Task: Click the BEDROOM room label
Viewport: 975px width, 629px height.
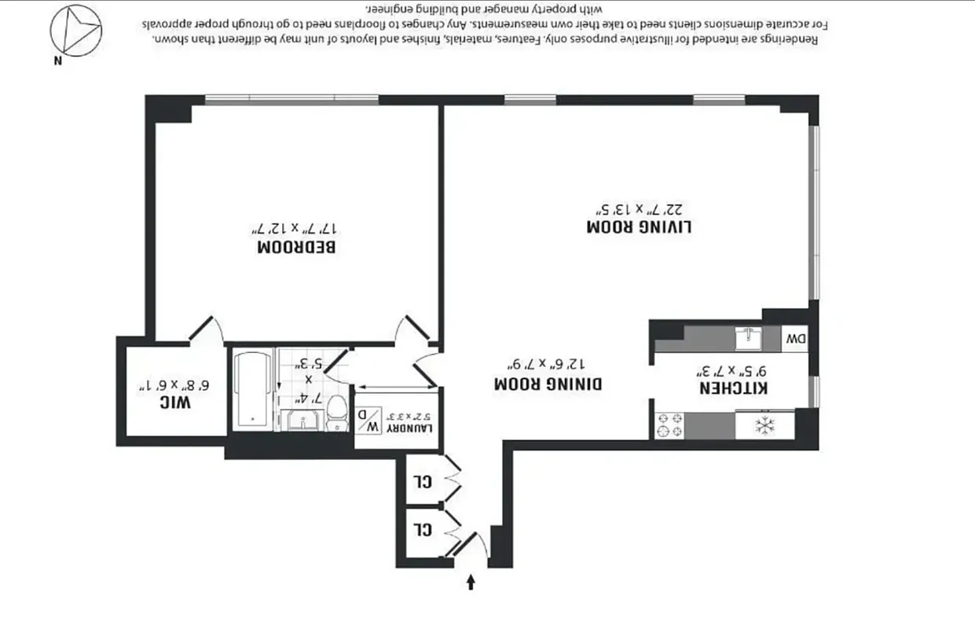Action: coord(296,247)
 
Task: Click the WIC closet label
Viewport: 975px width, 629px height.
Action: coord(174,403)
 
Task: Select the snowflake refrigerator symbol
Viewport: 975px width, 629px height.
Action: coord(764,425)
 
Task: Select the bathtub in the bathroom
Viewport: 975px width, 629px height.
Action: coord(253,389)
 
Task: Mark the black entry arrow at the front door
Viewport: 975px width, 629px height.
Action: coord(471,582)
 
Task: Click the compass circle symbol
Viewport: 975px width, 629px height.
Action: coord(75,30)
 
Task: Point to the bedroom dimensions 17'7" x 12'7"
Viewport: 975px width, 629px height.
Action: coord(296,229)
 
